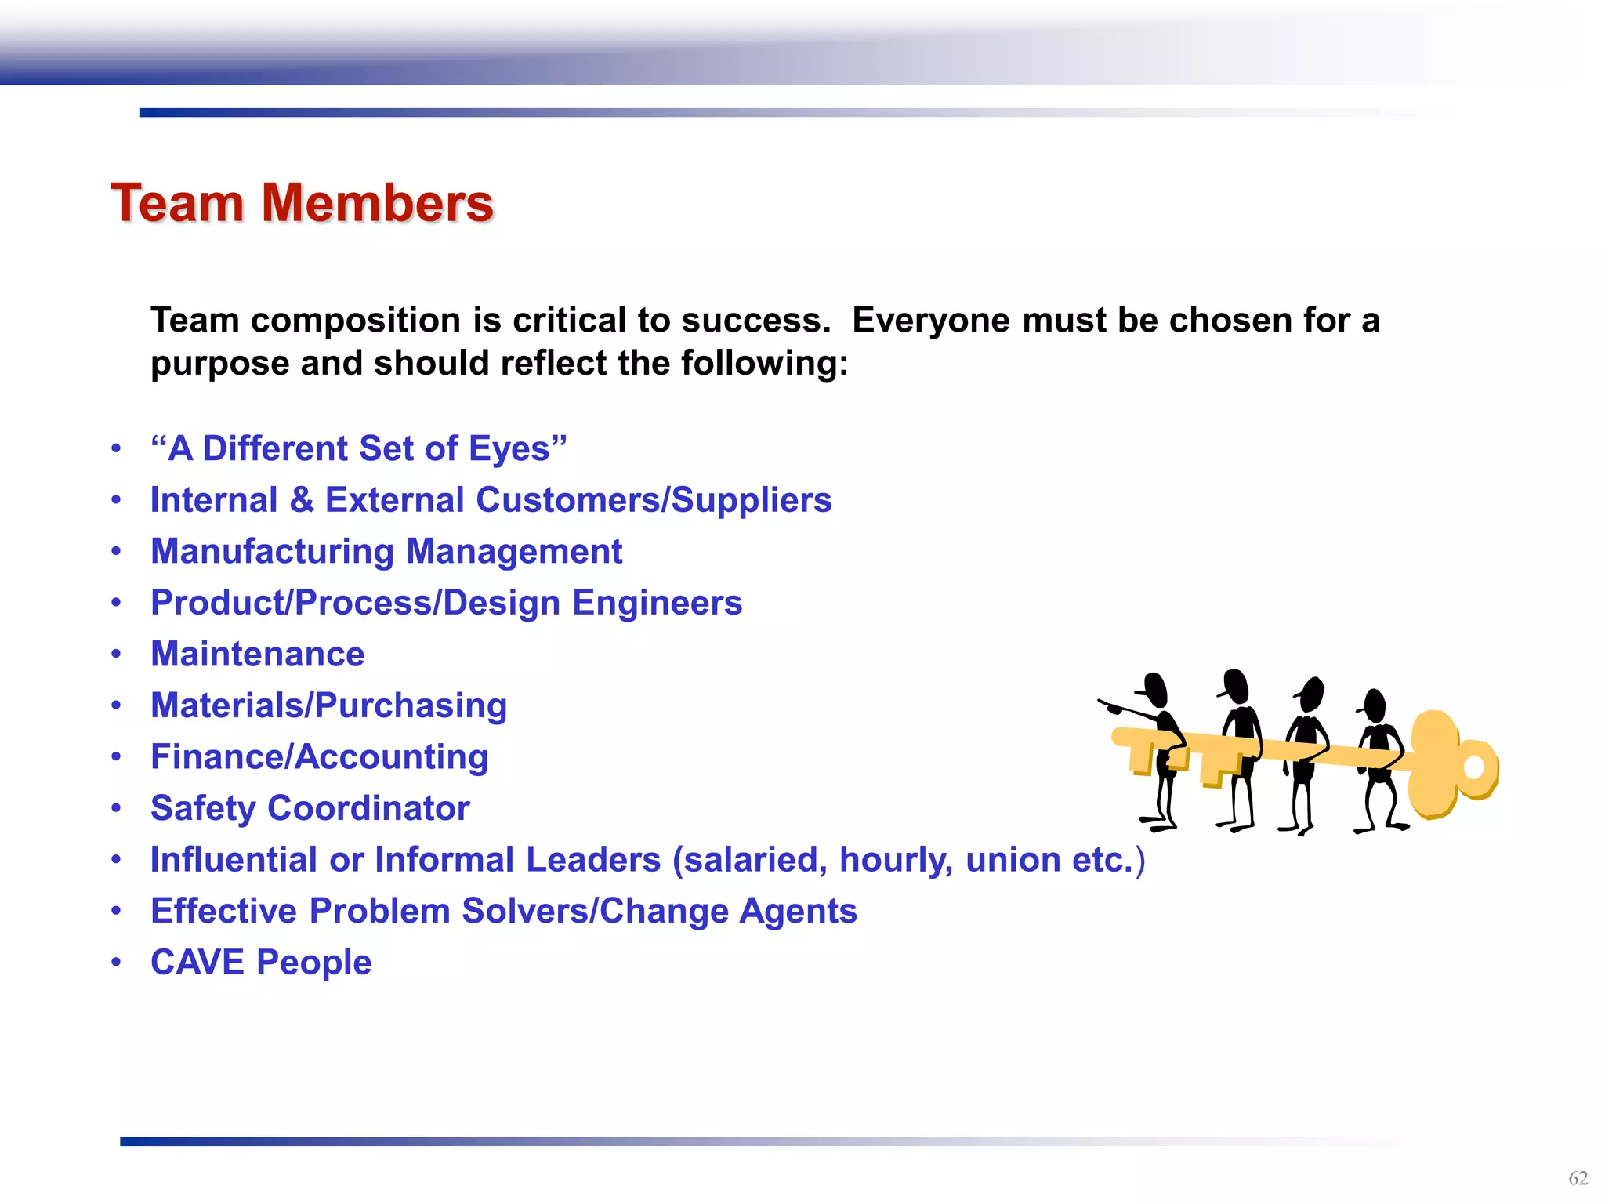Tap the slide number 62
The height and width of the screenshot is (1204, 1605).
pyautogui.click(x=1578, y=1178)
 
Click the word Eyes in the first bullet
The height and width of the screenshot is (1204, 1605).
pyautogui.click(x=509, y=449)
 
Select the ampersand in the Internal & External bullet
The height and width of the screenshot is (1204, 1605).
pyautogui.click(x=302, y=500)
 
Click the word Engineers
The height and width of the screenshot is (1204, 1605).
pyautogui.click(x=657, y=603)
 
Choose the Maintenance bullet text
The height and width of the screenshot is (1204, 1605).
pyautogui.click(x=257, y=655)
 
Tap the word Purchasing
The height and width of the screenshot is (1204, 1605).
pyautogui.click(x=411, y=705)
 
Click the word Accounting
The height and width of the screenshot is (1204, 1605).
pyautogui.click(x=392, y=757)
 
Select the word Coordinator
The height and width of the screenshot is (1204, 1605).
pyautogui.click(x=368, y=808)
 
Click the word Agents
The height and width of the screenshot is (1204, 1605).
pyautogui.click(x=798, y=911)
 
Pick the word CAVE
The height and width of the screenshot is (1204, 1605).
pyautogui.click(x=197, y=963)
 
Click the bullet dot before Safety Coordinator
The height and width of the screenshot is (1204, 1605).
pyautogui.click(x=116, y=808)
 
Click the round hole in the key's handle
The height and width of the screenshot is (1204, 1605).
pyautogui.click(x=1473, y=767)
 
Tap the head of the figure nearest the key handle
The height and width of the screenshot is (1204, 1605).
pyautogui.click(x=1374, y=703)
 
